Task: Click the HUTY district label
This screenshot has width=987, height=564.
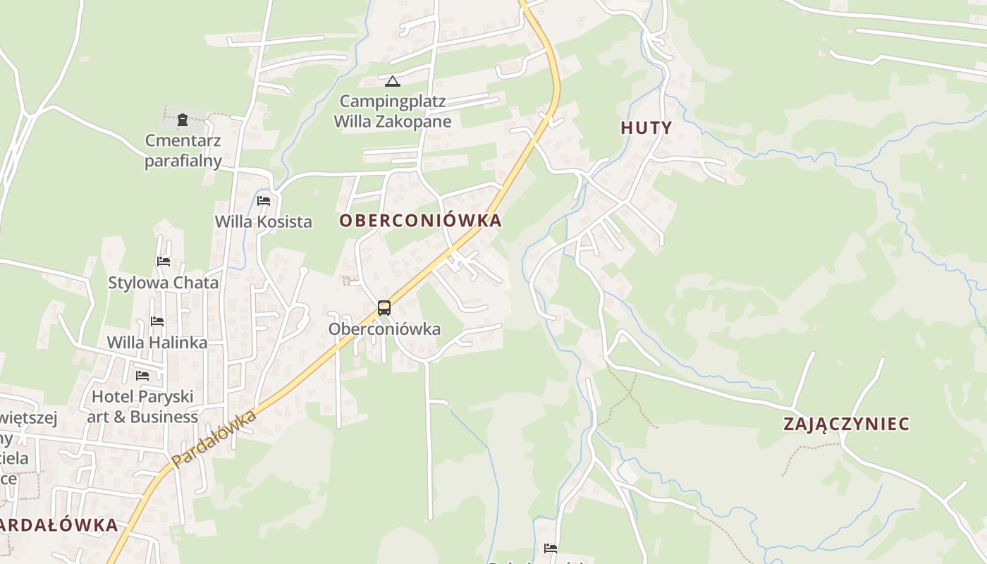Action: pos(646,128)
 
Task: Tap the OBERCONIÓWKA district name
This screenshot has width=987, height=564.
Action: pos(420,221)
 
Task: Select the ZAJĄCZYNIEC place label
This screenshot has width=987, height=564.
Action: pos(846,424)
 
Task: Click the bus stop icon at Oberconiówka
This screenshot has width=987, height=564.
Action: pos(384,308)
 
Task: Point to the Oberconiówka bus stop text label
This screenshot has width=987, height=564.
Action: pos(384,329)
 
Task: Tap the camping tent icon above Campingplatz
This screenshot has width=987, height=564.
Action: pos(393,82)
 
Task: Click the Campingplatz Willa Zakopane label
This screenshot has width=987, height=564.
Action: pos(393,111)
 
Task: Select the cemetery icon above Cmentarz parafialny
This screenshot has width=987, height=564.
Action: pos(183,120)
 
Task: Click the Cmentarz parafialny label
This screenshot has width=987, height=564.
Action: pos(183,151)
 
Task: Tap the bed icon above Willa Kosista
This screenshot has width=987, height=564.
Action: pos(264,201)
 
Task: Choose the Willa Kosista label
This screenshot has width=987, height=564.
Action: pos(263,221)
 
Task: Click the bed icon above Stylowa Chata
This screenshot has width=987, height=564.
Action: pos(164,262)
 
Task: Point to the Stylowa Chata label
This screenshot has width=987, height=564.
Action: pos(163,283)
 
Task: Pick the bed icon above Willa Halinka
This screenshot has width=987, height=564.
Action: pos(157,321)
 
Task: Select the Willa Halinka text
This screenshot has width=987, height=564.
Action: pos(157,343)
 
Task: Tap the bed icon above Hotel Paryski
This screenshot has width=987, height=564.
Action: pos(142,375)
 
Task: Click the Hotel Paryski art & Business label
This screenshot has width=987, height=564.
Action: pos(142,407)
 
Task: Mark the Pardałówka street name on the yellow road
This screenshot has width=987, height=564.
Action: pos(214,439)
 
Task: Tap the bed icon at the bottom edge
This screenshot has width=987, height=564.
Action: pos(551,548)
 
